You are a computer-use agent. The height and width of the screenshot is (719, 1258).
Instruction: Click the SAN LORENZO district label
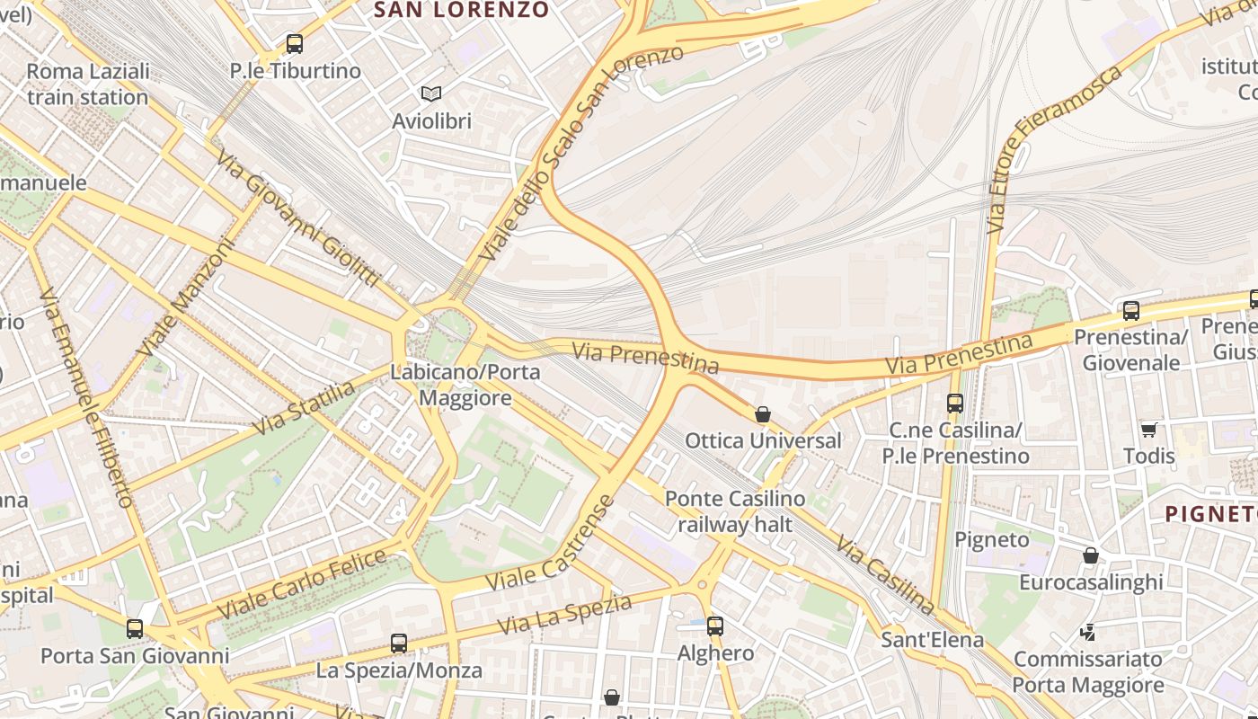(x=461, y=11)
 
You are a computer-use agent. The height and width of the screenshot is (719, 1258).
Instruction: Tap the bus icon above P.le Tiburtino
(x=294, y=43)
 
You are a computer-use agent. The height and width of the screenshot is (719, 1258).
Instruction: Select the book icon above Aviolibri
(x=431, y=93)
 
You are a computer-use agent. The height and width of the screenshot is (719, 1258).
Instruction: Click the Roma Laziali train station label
(x=87, y=84)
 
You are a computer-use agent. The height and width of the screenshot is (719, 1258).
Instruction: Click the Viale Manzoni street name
(x=186, y=296)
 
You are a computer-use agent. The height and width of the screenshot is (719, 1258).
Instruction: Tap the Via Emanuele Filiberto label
(x=87, y=398)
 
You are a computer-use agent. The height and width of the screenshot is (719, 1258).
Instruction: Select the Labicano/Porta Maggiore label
(x=465, y=385)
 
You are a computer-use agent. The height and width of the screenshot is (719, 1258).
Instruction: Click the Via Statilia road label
(x=304, y=407)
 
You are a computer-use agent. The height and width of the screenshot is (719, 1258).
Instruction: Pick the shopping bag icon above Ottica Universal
(x=763, y=414)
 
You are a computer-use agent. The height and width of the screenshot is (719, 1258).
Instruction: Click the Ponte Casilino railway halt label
(x=735, y=511)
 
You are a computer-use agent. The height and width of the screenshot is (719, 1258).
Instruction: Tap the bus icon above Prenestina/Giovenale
(x=1130, y=311)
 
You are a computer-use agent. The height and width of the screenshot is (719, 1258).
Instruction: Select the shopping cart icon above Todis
(x=1148, y=430)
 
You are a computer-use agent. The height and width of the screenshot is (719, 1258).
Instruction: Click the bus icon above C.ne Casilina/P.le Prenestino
(x=954, y=404)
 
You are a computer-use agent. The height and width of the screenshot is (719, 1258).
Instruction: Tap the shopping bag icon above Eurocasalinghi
(x=1090, y=556)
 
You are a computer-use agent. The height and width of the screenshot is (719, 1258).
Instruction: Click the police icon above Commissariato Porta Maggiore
(x=1088, y=633)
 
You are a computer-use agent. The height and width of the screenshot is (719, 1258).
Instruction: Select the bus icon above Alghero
(x=715, y=626)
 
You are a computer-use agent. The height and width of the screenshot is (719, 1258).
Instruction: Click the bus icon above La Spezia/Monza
(x=399, y=644)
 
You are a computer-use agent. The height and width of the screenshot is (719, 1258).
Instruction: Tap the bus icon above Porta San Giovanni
(x=135, y=629)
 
